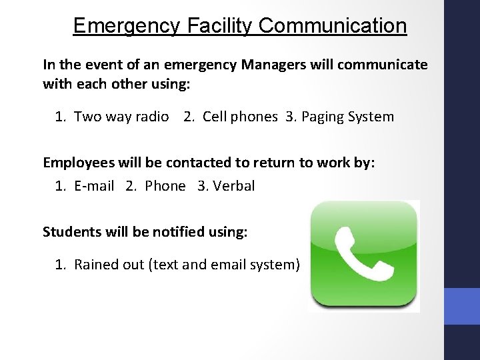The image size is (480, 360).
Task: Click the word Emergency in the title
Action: [x=127, y=26]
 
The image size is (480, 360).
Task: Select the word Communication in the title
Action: [x=333, y=26]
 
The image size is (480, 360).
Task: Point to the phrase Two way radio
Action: [x=121, y=117]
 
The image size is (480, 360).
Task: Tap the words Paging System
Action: [x=347, y=117]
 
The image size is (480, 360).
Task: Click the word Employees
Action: [x=75, y=163]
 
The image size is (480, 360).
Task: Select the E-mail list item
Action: [x=94, y=186]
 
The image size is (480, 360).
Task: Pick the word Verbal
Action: [x=234, y=186]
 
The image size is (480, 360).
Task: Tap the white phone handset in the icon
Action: [x=364, y=254]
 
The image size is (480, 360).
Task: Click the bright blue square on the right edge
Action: [x=462, y=306]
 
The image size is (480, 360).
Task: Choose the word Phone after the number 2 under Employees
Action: [x=165, y=186]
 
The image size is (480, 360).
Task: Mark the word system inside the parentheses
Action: [x=273, y=265]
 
